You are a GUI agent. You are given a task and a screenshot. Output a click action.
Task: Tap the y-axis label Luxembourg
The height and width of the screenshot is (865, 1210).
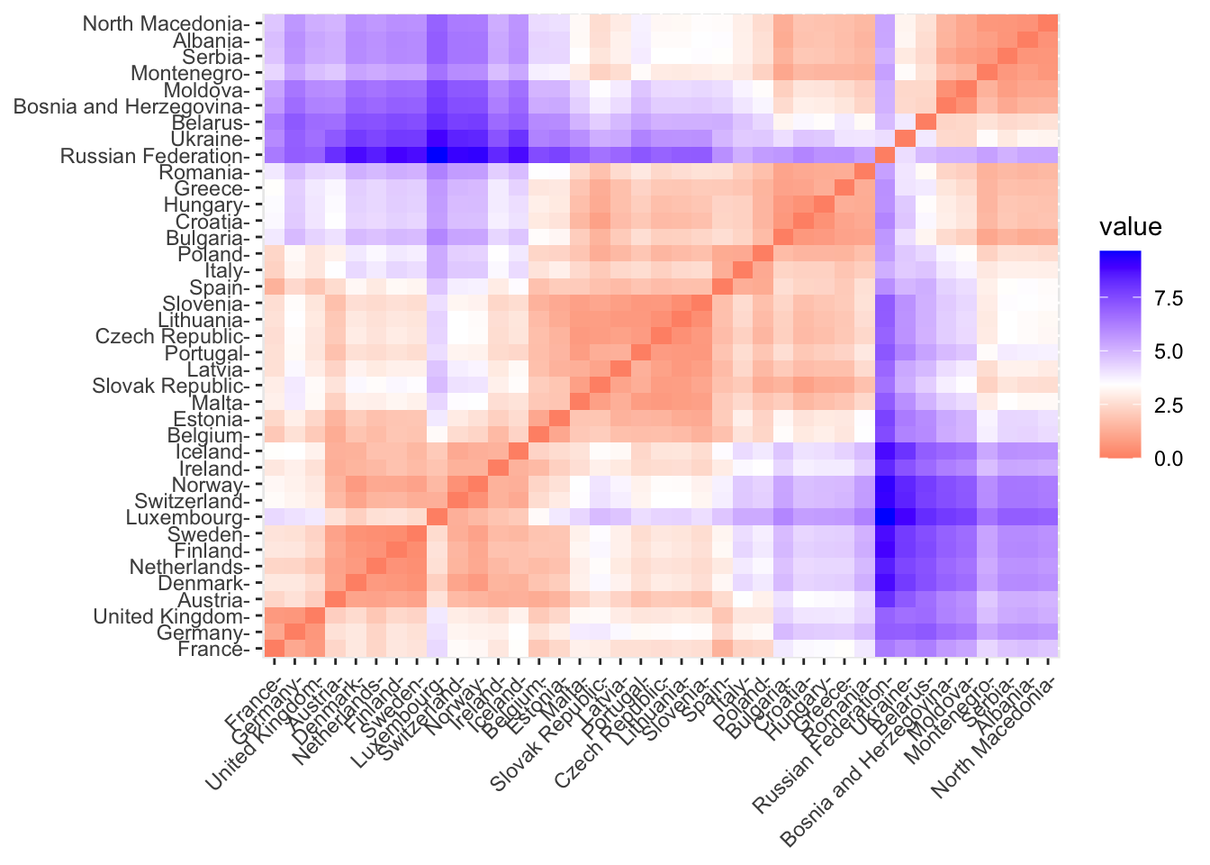(x=188, y=518)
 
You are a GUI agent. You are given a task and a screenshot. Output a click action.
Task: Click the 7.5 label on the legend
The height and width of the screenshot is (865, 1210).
(x=1169, y=299)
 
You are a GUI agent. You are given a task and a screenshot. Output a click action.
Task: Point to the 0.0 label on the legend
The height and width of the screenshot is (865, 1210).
(x=1169, y=459)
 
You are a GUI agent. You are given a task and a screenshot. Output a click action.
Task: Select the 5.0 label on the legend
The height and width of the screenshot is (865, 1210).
(x=1169, y=352)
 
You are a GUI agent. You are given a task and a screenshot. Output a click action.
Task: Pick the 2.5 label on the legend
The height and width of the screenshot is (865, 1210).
(x=1169, y=405)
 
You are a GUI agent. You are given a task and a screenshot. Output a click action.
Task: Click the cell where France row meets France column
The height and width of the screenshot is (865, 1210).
(x=273, y=650)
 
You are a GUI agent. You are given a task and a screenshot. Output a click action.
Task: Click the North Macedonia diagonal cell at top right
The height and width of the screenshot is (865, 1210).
(x=1049, y=23)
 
